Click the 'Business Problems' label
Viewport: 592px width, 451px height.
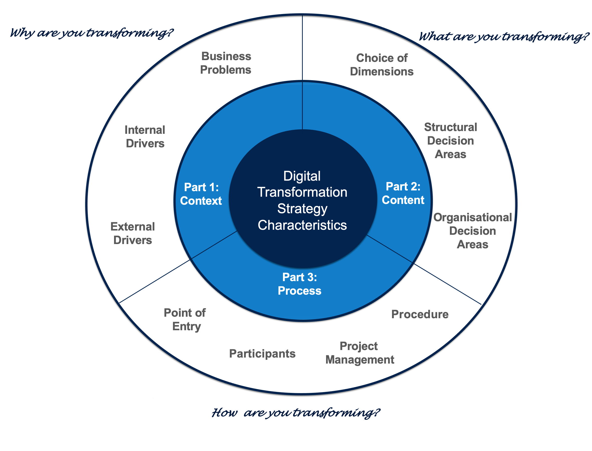coord(226,63)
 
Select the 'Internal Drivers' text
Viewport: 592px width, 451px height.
coord(145,137)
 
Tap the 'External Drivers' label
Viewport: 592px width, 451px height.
coord(133,233)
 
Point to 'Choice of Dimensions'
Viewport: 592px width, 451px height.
coord(381,65)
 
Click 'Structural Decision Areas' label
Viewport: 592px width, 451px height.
coord(450,141)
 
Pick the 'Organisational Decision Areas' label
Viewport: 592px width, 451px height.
coord(472,231)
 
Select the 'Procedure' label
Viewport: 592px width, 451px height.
coord(420,314)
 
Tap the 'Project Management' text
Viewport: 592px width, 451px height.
coord(359,353)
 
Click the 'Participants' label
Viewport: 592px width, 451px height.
coord(262,354)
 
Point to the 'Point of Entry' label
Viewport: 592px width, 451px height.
coord(185,320)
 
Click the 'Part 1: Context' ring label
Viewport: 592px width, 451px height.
coord(201,194)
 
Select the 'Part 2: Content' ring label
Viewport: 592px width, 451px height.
coord(403,193)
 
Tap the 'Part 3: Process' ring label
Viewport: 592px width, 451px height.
coord(299,284)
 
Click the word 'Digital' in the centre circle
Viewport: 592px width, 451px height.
coord(302,176)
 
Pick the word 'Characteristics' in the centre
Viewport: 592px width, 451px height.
coord(302,225)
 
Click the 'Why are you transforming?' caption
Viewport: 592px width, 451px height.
coord(91,33)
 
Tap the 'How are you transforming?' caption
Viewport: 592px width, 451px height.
coord(295,413)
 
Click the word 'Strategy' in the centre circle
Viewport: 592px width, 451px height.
coord(302,208)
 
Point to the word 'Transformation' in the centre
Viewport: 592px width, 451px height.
coord(302,192)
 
